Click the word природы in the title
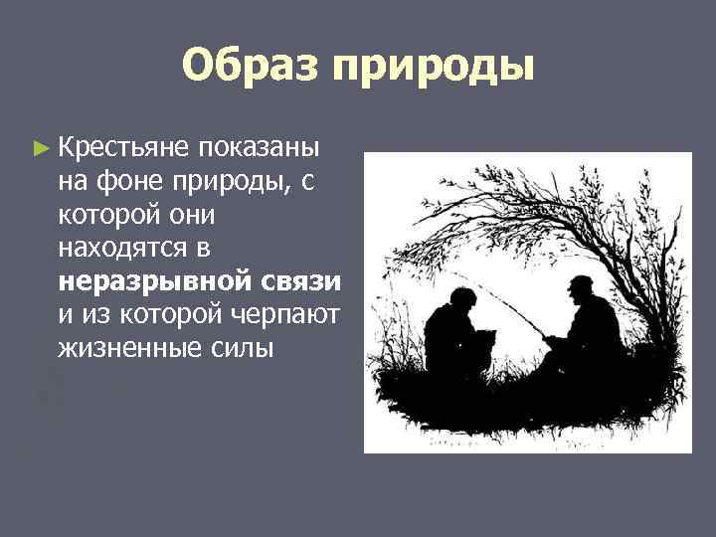pyautogui.click(x=434, y=68)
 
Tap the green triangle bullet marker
pyautogui.click(x=40, y=148)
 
